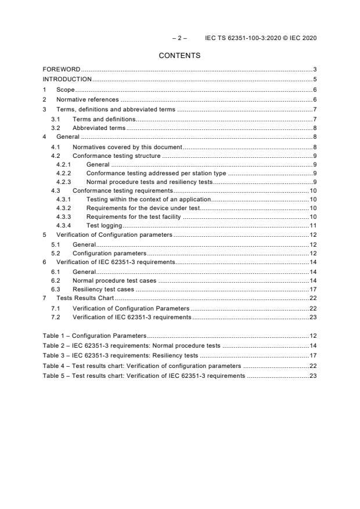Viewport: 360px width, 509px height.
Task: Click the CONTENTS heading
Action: click(x=179, y=56)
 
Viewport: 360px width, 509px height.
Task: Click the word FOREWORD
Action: click(x=62, y=70)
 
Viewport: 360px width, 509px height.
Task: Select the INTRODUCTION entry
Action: click(x=67, y=80)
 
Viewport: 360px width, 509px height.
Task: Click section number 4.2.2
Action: click(x=63, y=173)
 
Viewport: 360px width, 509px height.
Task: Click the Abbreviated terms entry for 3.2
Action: click(x=99, y=128)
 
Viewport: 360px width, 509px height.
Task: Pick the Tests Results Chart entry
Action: click(x=85, y=298)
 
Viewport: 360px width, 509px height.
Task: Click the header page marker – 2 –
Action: click(x=179, y=38)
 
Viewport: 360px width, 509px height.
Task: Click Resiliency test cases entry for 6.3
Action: click(x=103, y=288)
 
